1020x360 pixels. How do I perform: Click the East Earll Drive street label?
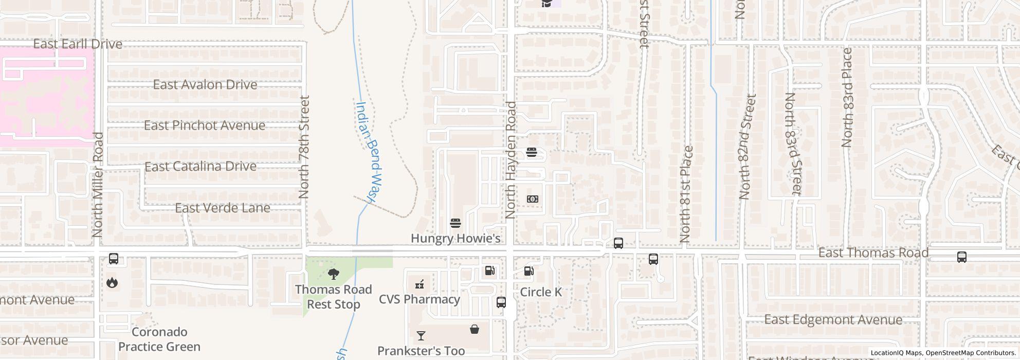[78, 44]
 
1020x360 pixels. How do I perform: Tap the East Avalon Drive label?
[205, 84]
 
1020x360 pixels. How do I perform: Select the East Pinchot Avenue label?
[205, 125]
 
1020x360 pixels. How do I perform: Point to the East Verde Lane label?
[223, 208]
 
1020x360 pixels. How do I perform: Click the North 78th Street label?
[304, 147]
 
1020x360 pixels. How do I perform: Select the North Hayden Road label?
[511, 160]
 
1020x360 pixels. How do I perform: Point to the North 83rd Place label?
[847, 98]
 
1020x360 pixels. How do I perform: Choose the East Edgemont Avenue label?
[833, 319]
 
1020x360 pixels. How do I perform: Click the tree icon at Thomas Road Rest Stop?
[334, 274]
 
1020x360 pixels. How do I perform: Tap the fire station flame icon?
[112, 282]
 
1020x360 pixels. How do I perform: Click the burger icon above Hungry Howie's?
[455, 223]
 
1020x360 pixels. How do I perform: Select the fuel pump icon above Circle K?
[529, 271]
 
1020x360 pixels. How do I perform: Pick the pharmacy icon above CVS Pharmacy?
[420, 284]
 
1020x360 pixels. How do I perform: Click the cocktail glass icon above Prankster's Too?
[421, 336]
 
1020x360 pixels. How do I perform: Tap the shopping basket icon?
[475, 329]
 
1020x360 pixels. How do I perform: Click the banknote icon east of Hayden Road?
[533, 199]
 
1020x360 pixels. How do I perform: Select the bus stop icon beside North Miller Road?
[114, 259]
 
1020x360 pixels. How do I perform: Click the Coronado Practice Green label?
[159, 339]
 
